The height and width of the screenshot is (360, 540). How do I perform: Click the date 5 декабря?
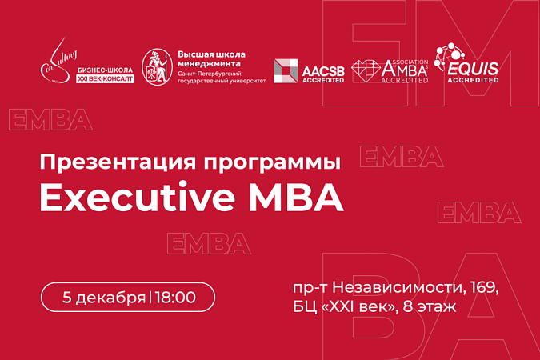coord(103,298)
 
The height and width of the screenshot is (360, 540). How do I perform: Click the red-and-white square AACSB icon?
coord(286,70)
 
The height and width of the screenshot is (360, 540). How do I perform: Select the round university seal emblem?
coord(155,67)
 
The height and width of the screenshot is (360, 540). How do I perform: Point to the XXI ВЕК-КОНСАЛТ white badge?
coord(105,79)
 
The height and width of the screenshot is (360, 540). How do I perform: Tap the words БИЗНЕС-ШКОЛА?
coord(104,70)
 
